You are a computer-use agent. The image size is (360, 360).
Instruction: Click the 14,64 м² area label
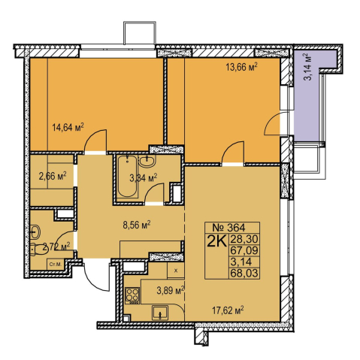tap(68, 127)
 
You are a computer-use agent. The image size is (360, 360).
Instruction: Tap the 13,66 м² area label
tap(241, 67)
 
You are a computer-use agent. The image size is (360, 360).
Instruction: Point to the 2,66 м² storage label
tap(53, 176)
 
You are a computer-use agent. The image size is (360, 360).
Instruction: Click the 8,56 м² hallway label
tap(137, 225)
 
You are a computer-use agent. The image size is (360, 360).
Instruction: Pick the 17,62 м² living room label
tap(228, 310)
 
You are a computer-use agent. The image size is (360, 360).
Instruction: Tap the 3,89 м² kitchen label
tap(171, 291)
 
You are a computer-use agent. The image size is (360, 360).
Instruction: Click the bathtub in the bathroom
tap(128, 177)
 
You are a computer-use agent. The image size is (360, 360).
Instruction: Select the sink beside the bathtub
tap(147, 161)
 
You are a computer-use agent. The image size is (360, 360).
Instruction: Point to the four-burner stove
tap(132, 295)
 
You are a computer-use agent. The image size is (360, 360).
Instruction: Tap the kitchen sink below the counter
tap(159, 313)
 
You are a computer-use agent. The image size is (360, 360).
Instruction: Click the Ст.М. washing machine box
tap(56, 265)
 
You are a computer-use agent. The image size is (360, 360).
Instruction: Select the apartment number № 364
tap(228, 227)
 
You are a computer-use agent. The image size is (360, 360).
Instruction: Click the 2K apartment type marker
tap(216, 241)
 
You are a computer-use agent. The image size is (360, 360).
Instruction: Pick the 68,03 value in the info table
tap(244, 273)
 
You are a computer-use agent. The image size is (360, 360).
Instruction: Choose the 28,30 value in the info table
tap(244, 239)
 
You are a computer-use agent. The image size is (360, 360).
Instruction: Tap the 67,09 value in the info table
tap(244, 250)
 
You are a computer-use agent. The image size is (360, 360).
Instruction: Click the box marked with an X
tap(176, 271)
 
